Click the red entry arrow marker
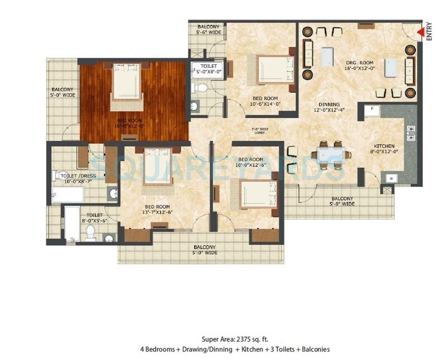click(420, 32)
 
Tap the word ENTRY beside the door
click(429, 31)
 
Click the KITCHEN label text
click(385, 149)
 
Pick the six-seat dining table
click(331, 154)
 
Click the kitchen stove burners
click(411, 132)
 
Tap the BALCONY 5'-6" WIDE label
click(208, 29)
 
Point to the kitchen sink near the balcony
click(391, 179)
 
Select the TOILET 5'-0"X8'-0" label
click(208, 68)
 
